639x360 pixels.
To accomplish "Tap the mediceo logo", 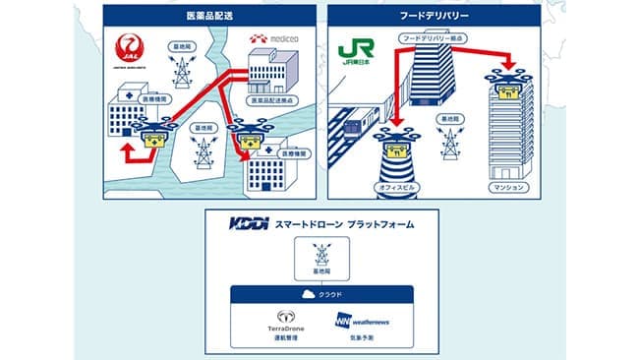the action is pyautogui.click(x=275, y=39).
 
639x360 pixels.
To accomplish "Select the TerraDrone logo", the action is pyautogui.click(x=288, y=321).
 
